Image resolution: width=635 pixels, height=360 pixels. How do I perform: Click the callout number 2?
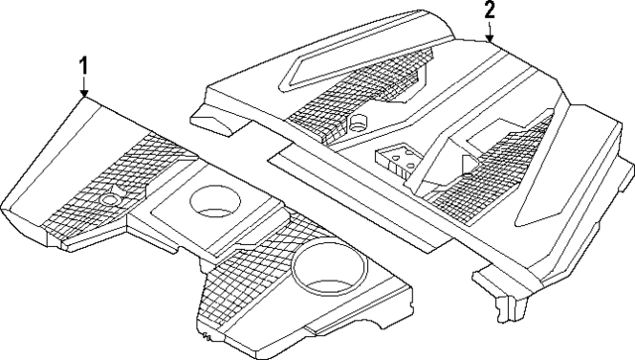point(489,11)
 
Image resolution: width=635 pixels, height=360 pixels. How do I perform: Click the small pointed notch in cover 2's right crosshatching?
point(466,159)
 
